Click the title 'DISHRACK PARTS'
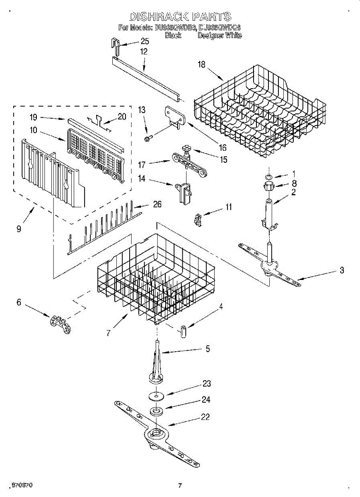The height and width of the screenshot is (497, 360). click(x=180, y=17)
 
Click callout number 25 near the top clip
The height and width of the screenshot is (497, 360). click(x=145, y=41)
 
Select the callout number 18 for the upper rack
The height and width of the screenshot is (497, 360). click(x=202, y=65)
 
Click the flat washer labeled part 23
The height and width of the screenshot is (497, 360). click(x=155, y=396)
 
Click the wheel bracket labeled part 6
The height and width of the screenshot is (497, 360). click(x=59, y=324)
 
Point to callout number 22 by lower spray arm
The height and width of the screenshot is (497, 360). click(x=205, y=417)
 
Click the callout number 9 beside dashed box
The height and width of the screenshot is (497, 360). click(x=19, y=229)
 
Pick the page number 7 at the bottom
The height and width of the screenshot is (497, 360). click(x=180, y=485)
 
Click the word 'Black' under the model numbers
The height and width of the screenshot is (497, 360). click(x=173, y=36)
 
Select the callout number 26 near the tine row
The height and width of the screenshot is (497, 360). click(x=157, y=204)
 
